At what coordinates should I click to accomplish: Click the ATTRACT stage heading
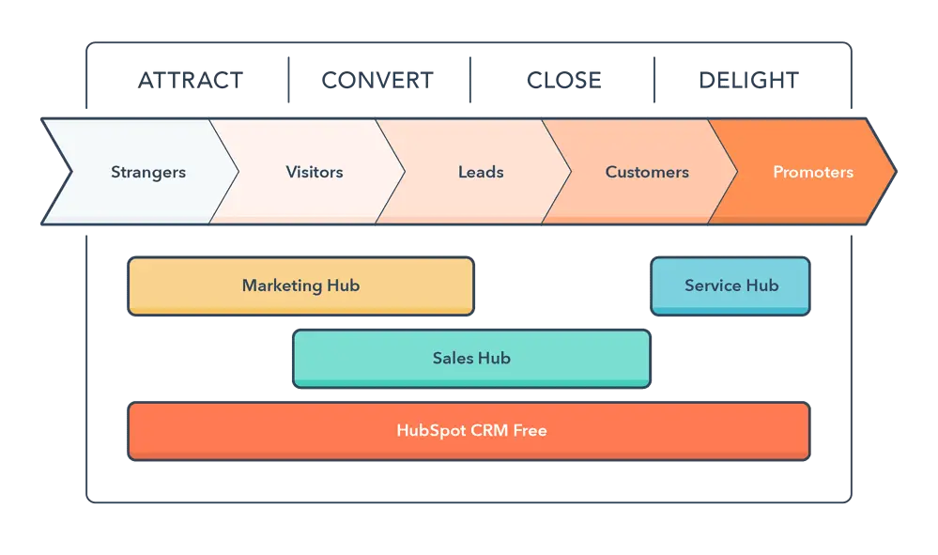point(191,80)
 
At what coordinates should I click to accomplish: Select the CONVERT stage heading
point(377,80)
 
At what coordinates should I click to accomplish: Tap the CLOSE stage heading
point(563,80)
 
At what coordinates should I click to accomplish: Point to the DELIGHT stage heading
point(749,80)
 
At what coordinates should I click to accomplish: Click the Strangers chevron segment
point(148,172)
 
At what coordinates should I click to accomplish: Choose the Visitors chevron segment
point(314,172)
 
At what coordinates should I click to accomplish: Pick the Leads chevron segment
point(481,172)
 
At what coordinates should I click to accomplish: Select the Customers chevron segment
point(647,172)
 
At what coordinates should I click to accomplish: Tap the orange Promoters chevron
point(812,172)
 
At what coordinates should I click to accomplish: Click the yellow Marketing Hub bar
point(300,285)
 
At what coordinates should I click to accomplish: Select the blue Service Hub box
point(730,285)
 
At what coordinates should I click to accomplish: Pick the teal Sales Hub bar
point(471,358)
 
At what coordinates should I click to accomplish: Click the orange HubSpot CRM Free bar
point(469,431)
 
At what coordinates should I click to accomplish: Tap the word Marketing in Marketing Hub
point(279,285)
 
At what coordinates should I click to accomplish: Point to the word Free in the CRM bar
point(529,431)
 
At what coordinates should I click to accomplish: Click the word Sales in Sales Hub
point(453,358)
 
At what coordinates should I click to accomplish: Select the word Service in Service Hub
point(713,285)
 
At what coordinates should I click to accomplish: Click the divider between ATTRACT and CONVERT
point(288,80)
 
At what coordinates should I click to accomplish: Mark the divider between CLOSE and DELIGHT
point(657,80)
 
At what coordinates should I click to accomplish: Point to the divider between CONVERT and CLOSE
point(470,80)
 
